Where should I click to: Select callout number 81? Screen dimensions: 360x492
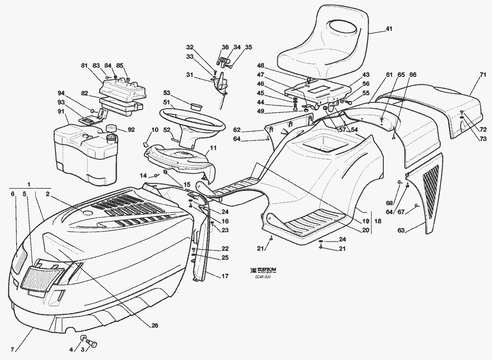pos(83,66)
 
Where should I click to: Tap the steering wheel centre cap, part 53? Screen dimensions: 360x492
pos(195,107)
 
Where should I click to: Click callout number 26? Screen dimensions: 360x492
pos(154,326)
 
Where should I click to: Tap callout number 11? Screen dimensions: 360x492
pos(213,147)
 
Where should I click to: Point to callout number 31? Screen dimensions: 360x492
pos(190,75)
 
